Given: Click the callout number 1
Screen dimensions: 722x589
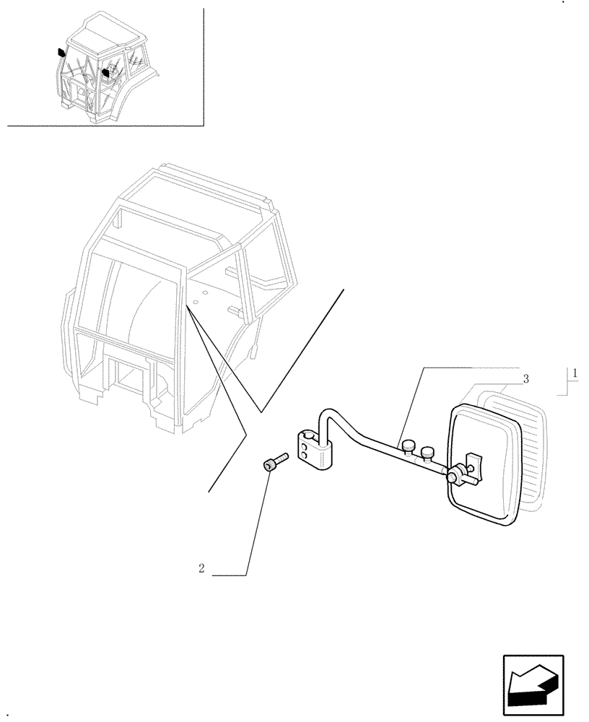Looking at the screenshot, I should click(x=574, y=373).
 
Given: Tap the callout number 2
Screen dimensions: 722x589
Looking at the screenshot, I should click(x=201, y=568).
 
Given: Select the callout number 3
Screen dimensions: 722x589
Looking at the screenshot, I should click(x=526, y=378).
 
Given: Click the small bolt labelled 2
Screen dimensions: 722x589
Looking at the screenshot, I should click(x=274, y=462).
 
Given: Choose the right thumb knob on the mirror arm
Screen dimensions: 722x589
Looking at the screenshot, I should click(x=429, y=453).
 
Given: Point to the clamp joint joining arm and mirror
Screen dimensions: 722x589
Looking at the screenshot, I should click(x=455, y=476).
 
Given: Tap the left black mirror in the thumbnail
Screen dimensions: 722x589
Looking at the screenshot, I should click(x=61, y=52).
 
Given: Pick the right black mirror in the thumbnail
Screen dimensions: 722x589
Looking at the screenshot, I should click(x=106, y=72).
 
